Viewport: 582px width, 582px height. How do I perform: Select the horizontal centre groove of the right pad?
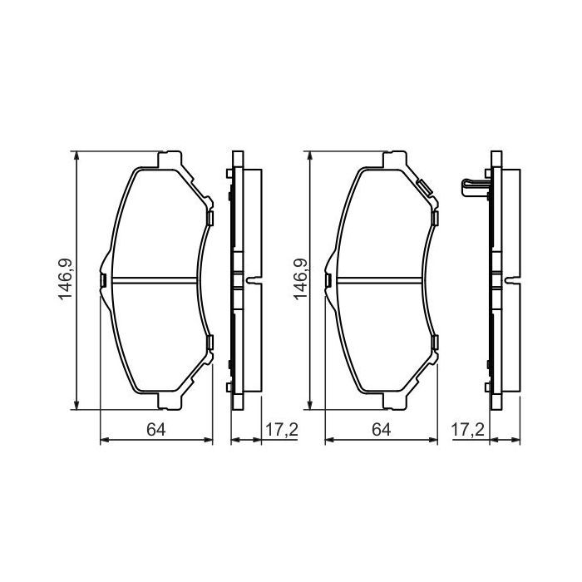click(381, 279)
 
